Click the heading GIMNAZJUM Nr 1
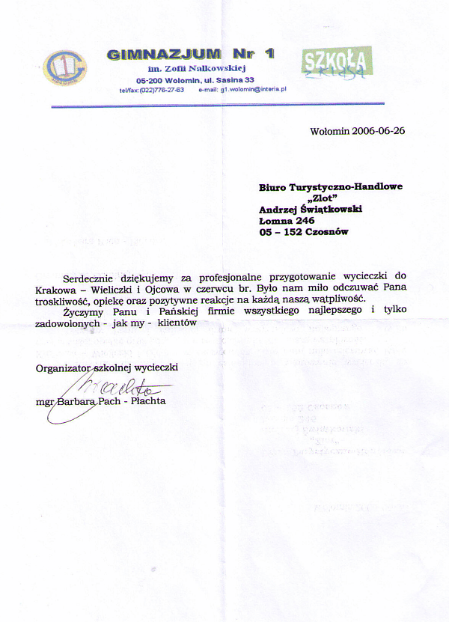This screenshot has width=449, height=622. point(191,54)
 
